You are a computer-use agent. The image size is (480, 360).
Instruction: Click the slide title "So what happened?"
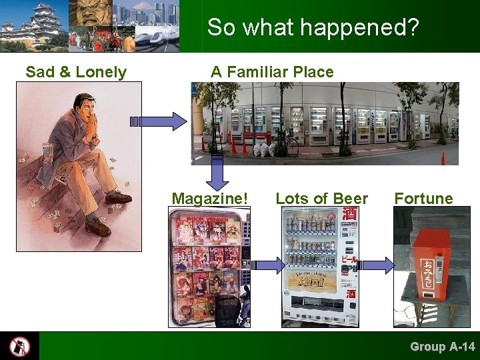(x=312, y=27)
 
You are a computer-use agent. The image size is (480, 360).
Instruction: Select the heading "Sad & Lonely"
(x=76, y=72)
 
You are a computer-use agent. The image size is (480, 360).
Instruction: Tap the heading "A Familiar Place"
(x=272, y=72)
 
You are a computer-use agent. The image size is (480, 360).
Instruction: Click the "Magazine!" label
(x=209, y=199)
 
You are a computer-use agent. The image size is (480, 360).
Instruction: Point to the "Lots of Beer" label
(x=321, y=199)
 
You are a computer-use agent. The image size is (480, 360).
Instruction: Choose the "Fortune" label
(x=423, y=199)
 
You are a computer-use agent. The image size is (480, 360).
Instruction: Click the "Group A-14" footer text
(x=442, y=347)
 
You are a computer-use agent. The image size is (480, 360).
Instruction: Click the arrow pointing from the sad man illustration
(x=160, y=121)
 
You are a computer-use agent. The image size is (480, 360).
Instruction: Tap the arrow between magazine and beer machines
(x=269, y=265)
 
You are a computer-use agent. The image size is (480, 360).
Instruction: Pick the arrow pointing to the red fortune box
(x=377, y=265)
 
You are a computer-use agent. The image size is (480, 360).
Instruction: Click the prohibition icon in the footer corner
(x=19, y=346)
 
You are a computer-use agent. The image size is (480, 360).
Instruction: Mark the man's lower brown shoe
(x=97, y=228)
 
